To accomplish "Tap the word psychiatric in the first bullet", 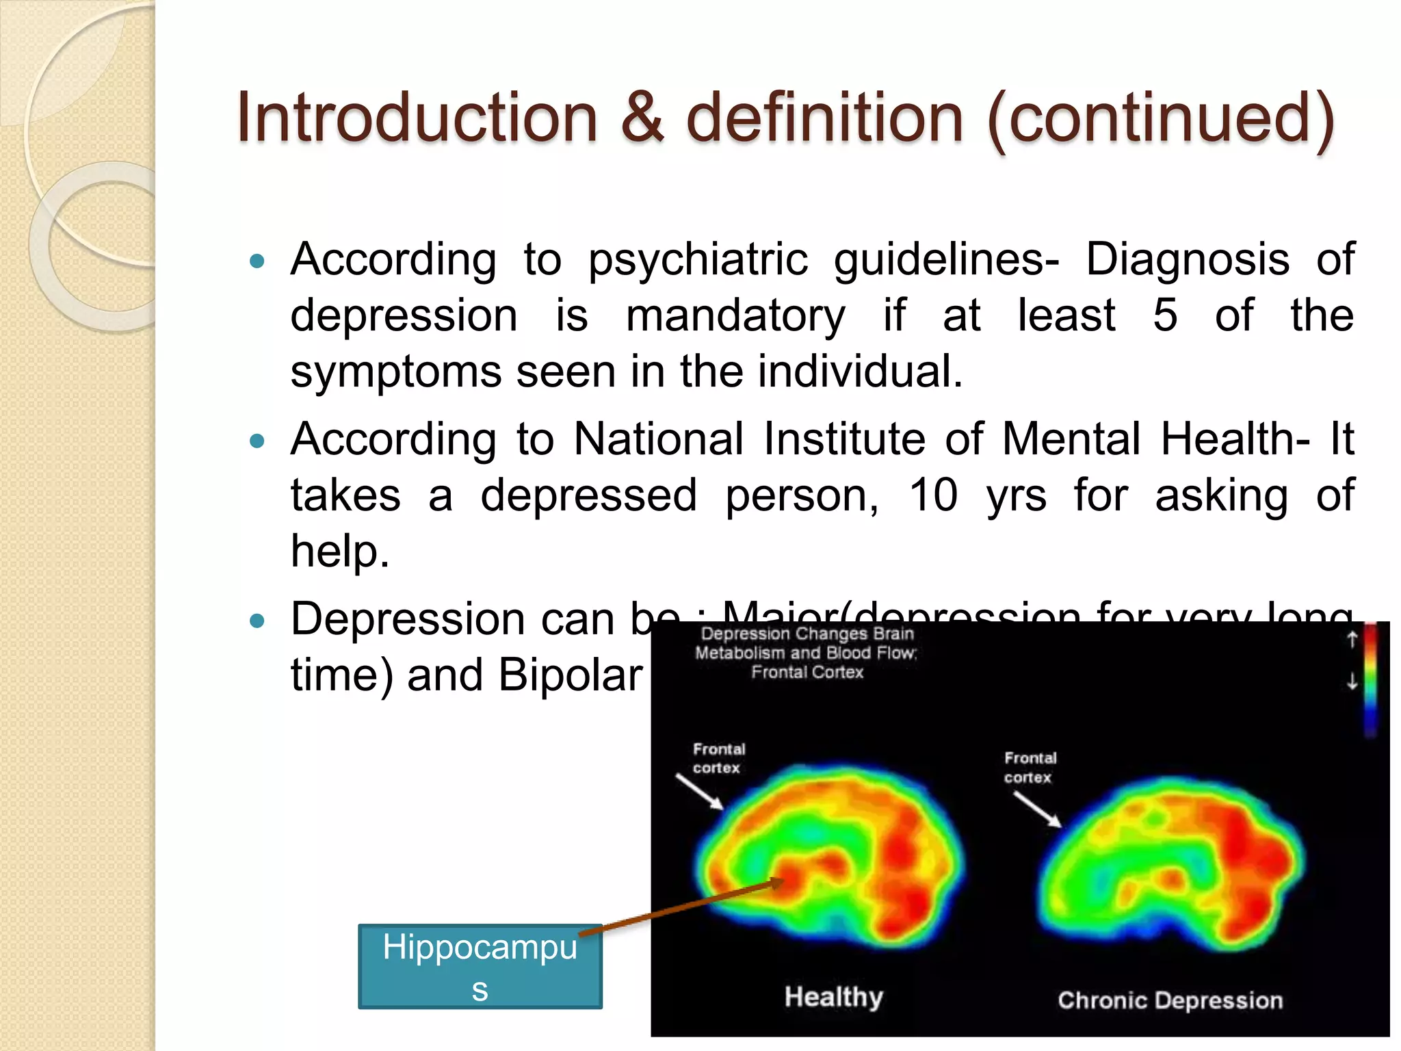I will point(698,260).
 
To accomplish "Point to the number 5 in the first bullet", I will point(1165,315).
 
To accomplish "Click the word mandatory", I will point(735,317).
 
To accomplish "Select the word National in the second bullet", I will point(658,439).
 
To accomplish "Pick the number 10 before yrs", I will point(933,495).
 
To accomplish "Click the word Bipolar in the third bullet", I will point(571,675).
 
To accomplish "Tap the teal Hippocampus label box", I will point(480,966).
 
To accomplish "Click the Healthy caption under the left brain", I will point(833,997).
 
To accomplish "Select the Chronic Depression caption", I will point(1170,1000).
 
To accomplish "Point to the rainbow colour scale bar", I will point(1370,681).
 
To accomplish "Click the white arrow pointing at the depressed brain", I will point(1037,809).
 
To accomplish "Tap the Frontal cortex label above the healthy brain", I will point(718,758).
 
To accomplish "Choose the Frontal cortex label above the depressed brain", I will point(1030,767).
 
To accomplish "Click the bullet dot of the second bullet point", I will point(257,441).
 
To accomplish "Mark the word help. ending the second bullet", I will point(340,552).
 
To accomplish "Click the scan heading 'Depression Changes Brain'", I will point(807,634).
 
